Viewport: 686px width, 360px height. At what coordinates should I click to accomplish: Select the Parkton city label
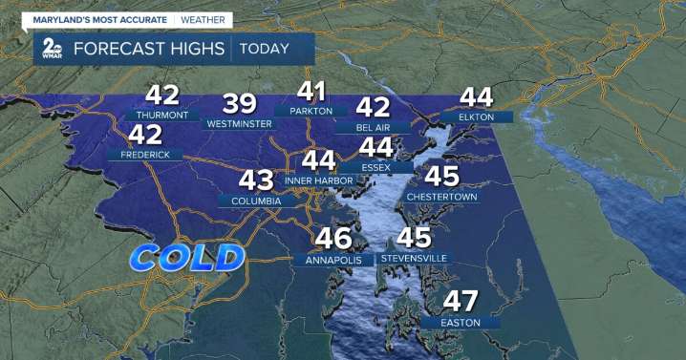[311, 111]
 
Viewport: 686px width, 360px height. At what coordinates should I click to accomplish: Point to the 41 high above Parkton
[312, 92]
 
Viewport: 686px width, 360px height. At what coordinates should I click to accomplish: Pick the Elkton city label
[476, 116]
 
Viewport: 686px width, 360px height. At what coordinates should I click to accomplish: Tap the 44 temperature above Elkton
[476, 96]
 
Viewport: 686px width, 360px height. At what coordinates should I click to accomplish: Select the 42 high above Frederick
[146, 135]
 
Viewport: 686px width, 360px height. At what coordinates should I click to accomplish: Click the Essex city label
[376, 167]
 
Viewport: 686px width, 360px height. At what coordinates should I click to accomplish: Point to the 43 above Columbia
[256, 180]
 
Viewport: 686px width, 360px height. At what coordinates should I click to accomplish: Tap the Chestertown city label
[441, 197]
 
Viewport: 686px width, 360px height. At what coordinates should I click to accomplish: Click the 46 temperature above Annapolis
[333, 239]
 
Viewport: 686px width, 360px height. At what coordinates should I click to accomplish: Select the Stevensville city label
[414, 259]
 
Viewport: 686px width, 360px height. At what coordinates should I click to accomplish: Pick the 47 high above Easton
[461, 302]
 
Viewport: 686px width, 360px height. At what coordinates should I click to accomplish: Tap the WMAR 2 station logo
[49, 50]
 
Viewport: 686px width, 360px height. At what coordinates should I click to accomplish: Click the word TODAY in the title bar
[267, 48]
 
